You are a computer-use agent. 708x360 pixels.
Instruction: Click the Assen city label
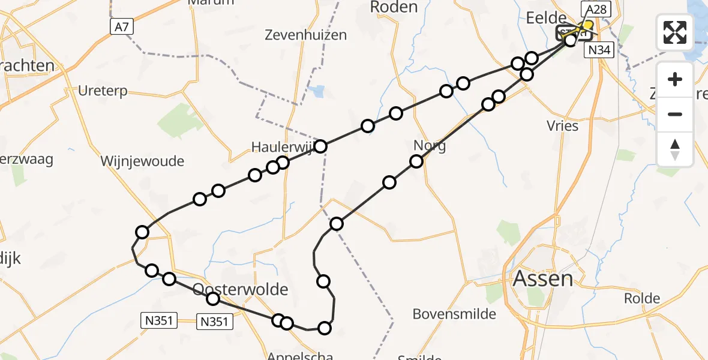pyautogui.click(x=543, y=279)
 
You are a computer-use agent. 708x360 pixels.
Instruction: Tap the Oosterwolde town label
pyautogui.click(x=241, y=290)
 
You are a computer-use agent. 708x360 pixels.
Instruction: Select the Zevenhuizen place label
pyautogui.click(x=306, y=35)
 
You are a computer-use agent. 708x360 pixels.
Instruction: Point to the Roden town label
pyautogui.click(x=394, y=7)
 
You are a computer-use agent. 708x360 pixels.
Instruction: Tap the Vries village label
pyautogui.click(x=563, y=126)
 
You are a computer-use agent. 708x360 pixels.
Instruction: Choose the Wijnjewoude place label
pyautogui.click(x=142, y=161)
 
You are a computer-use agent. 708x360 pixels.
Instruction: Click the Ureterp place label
pyautogui.click(x=103, y=91)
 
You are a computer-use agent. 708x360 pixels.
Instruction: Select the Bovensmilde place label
pyautogui.click(x=455, y=314)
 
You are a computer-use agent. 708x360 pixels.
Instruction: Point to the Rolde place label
pyautogui.click(x=642, y=298)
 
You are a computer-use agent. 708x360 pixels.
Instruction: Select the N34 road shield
pyautogui.click(x=599, y=50)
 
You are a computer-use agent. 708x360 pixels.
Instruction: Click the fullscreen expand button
pyautogui.click(x=675, y=32)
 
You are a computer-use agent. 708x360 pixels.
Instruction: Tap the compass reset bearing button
pyautogui.click(x=675, y=149)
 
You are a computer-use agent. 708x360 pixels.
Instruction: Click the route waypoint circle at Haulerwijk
pyautogui.click(x=320, y=146)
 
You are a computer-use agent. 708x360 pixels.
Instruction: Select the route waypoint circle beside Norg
pyautogui.click(x=416, y=161)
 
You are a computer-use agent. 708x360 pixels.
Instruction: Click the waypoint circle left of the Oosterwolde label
pyautogui.click(x=169, y=278)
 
